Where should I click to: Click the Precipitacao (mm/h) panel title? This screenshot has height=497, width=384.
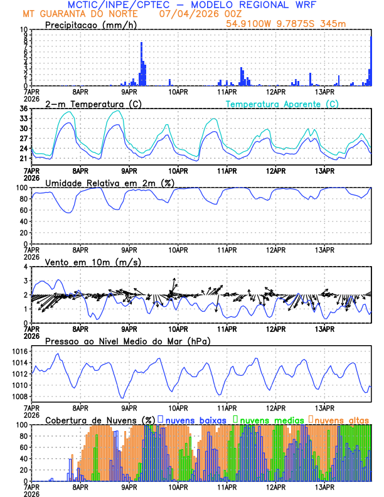(91, 24)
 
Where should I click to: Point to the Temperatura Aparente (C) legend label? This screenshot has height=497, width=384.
(282, 104)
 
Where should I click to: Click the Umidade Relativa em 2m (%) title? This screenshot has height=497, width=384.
(110, 183)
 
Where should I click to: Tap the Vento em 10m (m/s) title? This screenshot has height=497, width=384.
(93, 262)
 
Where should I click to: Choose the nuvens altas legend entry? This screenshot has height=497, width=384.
(339, 419)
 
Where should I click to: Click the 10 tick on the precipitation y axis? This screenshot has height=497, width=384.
(24, 29)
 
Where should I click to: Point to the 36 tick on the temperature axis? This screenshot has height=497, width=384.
(24, 109)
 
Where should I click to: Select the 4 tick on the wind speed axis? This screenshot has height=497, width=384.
(26, 267)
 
